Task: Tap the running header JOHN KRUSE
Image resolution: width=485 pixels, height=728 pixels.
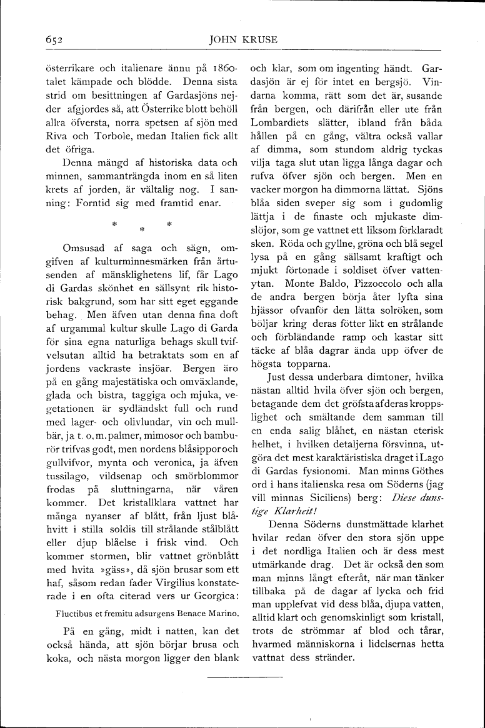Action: [x=244, y=41]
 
